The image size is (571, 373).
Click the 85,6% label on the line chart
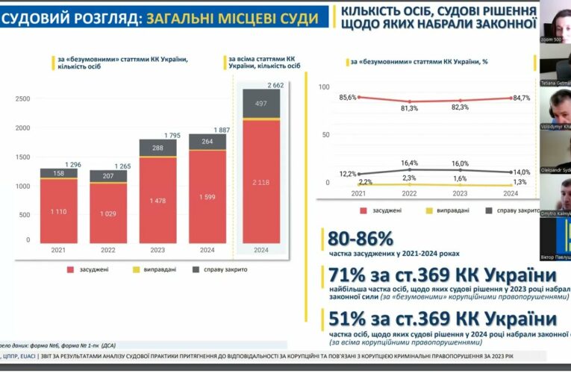346,98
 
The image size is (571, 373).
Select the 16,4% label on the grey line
410,163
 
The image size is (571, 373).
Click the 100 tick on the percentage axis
323,87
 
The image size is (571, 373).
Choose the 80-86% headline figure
360,239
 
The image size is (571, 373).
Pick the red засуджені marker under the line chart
363,211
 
